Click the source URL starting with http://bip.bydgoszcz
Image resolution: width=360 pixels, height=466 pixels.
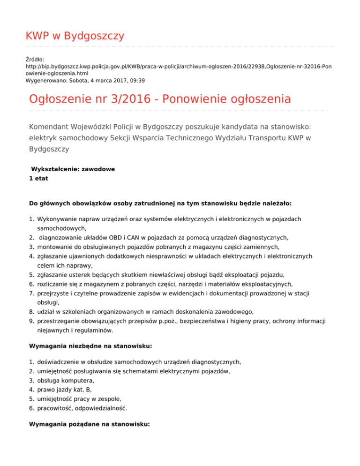coord(178,67)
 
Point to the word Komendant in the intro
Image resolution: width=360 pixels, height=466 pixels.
coord(52,127)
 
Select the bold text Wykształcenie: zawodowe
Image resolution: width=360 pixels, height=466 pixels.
coord(73,169)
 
